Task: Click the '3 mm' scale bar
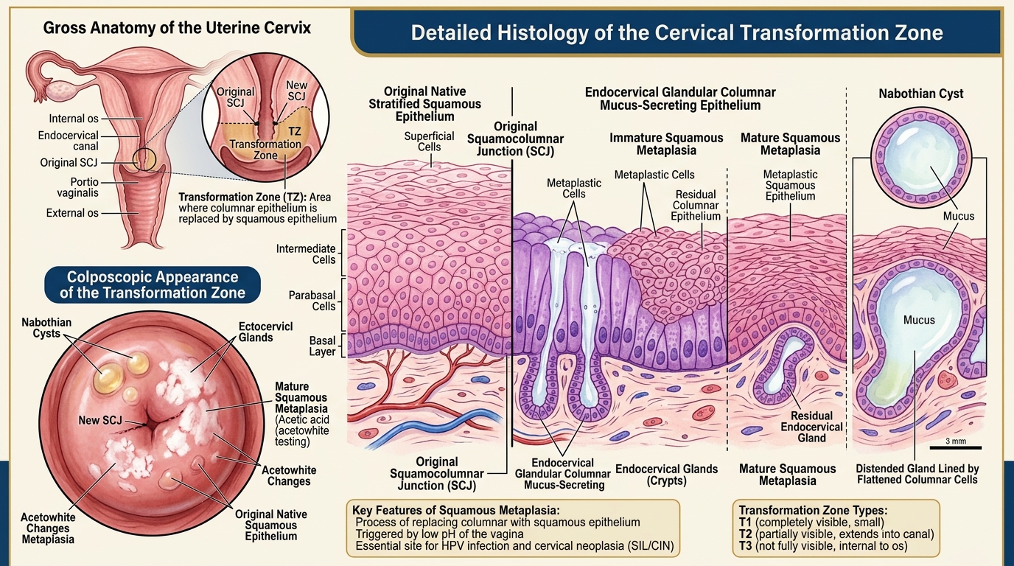point(955,448)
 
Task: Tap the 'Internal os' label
point(74,119)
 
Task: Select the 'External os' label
point(72,213)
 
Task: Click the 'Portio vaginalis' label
point(78,187)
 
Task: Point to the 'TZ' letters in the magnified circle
point(295,131)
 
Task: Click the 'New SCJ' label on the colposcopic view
point(100,420)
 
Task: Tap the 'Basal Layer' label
point(322,346)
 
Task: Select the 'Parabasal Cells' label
point(312,301)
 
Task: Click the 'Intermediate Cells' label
point(306,254)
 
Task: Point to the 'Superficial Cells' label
point(429,141)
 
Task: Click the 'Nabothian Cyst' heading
point(920,94)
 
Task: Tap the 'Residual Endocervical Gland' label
point(811,427)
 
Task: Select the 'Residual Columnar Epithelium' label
point(696,205)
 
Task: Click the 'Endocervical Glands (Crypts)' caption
point(666,475)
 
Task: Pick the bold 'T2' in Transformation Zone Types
point(745,534)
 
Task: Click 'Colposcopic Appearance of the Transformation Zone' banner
point(153,284)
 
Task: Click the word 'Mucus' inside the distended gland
point(919,320)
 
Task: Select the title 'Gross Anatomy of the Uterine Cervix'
point(177,28)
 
